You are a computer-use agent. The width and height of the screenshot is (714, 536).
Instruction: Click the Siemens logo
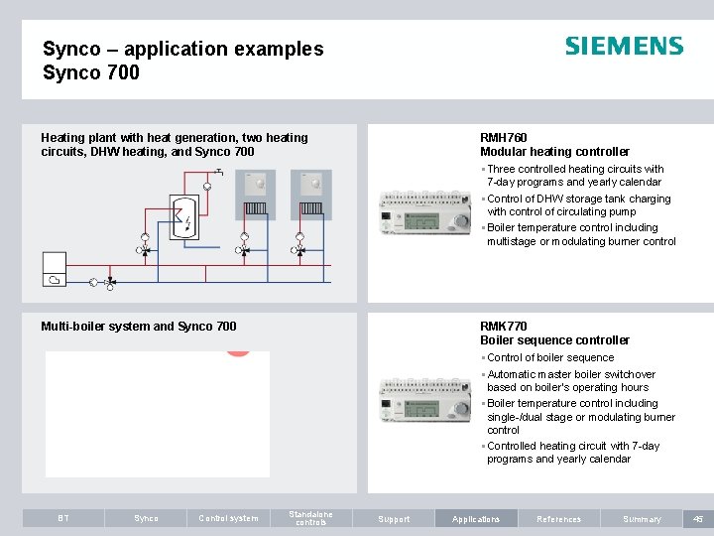pos(624,47)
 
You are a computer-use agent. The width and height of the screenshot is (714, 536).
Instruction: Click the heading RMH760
pos(504,138)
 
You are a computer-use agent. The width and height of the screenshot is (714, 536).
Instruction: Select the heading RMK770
pos(504,327)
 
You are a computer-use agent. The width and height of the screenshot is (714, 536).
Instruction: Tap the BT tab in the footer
pos(63,518)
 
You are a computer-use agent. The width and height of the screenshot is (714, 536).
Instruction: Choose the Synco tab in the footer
pos(146,518)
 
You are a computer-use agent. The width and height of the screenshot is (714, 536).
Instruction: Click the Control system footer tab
pos(228,518)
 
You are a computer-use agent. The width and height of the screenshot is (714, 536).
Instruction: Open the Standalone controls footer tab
pos(310,518)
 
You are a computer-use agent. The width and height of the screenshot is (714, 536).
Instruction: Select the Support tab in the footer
pos(394,518)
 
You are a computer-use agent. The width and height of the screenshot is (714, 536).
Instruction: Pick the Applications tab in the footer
pos(476,518)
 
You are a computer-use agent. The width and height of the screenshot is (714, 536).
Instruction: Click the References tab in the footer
pos(558,518)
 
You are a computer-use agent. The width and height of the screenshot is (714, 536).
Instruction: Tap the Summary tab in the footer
pos(642,518)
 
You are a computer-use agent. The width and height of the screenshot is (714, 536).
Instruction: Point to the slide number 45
pos(697,518)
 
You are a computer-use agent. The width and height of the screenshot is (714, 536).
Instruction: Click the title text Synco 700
pos(91,72)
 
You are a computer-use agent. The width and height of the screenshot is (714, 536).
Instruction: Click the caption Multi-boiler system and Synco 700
pos(139,327)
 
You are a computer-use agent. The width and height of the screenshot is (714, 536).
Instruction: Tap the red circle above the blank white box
pos(237,350)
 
